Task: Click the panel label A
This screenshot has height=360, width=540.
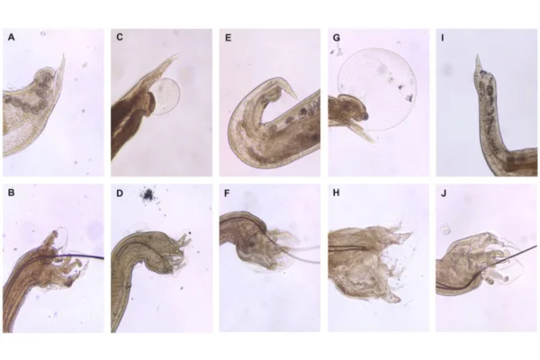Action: click(x=11, y=37)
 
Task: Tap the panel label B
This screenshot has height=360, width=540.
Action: click(x=11, y=193)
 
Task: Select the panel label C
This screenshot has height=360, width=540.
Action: click(x=120, y=37)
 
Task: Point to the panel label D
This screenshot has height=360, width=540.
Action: click(x=120, y=193)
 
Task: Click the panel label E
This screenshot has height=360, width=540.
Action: click(x=228, y=38)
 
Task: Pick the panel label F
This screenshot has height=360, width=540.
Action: click(x=227, y=193)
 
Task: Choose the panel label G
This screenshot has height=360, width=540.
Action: click(x=337, y=38)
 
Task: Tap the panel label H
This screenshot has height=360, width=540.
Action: click(x=336, y=193)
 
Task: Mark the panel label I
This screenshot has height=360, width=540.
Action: click(x=443, y=38)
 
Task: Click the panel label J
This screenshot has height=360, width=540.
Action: click(x=444, y=193)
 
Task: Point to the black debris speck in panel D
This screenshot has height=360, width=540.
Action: click(x=148, y=195)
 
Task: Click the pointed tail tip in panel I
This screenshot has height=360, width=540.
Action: click(x=477, y=54)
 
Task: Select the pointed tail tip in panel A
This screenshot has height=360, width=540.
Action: click(x=64, y=54)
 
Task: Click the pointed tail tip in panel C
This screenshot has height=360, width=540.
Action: click(x=177, y=55)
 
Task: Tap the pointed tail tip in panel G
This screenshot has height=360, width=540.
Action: click(x=374, y=141)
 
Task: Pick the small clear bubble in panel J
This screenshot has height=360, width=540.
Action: click(x=445, y=229)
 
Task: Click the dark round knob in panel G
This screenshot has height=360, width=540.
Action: click(x=364, y=116)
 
